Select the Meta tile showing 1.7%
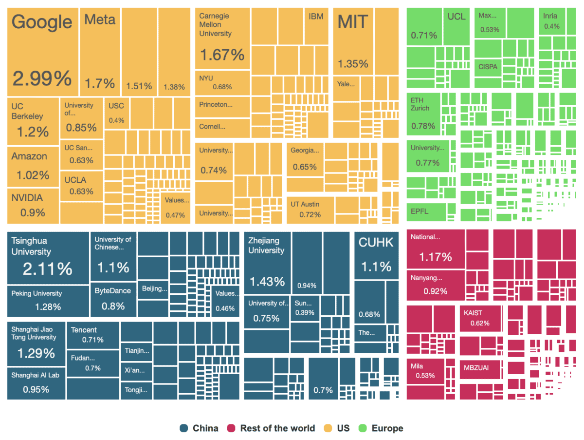[x=100, y=51]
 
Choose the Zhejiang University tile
[x=267, y=263]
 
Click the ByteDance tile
[x=113, y=299]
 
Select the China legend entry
[x=199, y=428]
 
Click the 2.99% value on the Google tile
[x=42, y=78]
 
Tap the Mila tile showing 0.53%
[x=425, y=371]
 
